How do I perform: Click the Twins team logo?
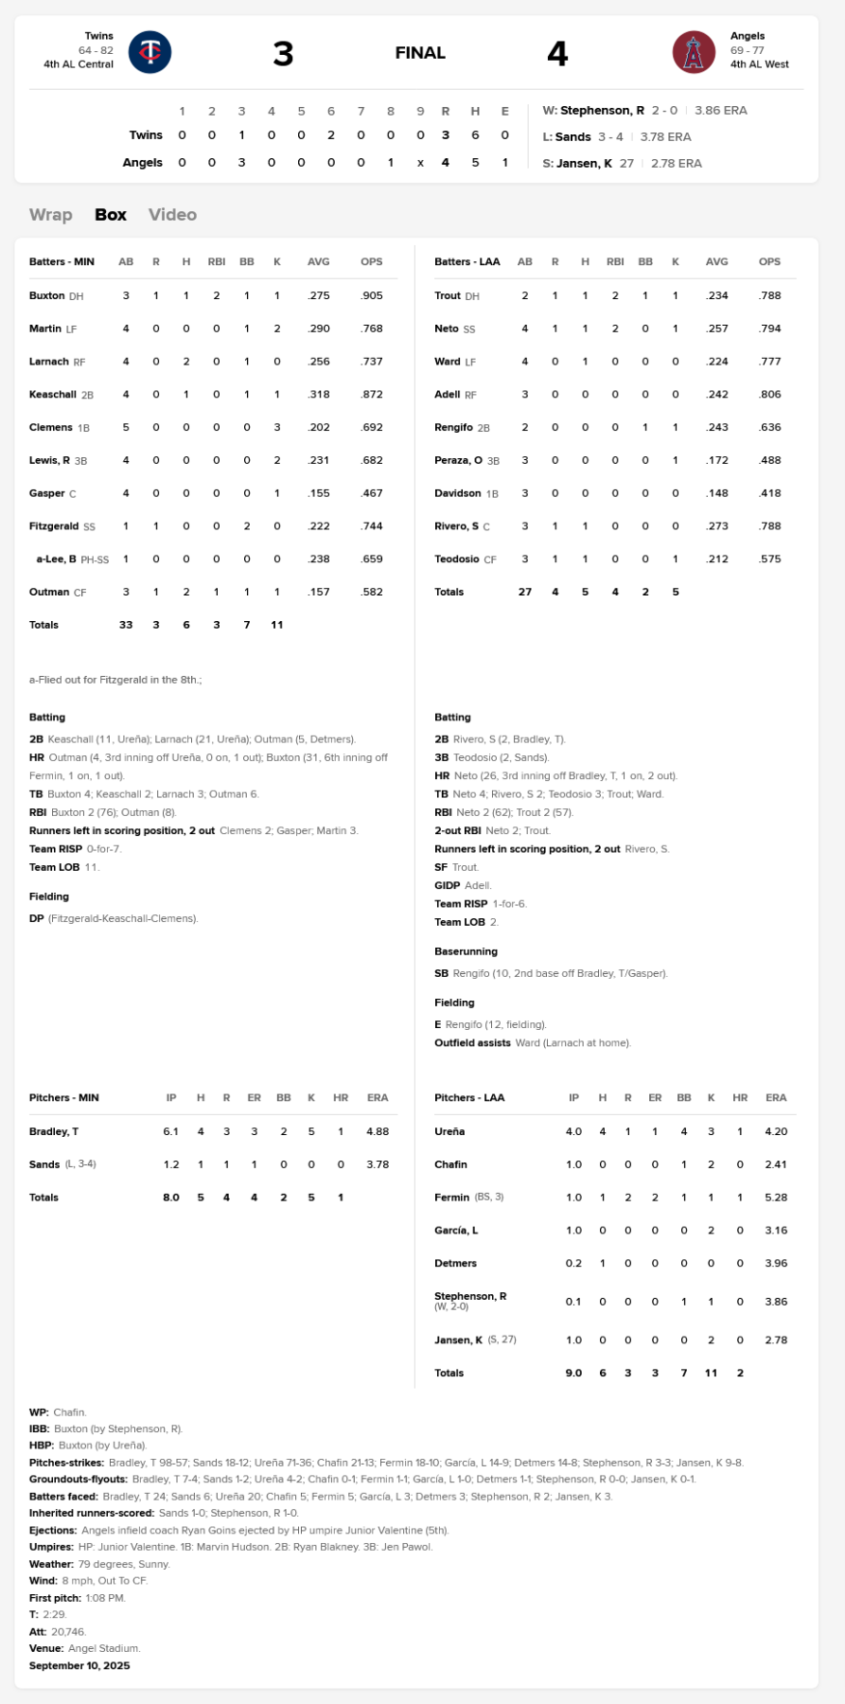150,52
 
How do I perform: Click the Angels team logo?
694,52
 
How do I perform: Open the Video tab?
172,215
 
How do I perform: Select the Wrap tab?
50,215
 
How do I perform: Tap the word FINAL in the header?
420,53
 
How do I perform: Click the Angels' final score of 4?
557,54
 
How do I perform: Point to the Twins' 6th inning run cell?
331,135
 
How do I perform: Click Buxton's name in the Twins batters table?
46,296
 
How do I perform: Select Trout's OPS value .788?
769,296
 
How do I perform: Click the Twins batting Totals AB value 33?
126,625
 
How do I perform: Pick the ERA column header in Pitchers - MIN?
378,1098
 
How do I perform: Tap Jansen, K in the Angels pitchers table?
458,1340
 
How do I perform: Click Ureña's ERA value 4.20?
776,1131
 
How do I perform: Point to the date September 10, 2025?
79,1665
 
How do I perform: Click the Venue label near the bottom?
46,1648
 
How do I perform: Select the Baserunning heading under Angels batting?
466,951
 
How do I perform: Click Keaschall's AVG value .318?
319,395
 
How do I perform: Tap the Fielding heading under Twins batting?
49,896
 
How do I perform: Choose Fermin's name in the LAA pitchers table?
451,1198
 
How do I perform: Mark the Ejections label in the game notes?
53,1530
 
